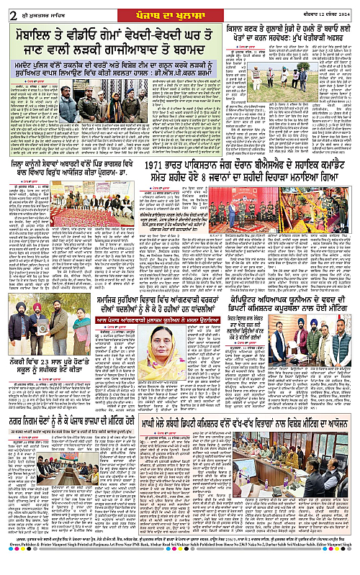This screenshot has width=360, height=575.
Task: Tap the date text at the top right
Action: pos(328,9)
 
